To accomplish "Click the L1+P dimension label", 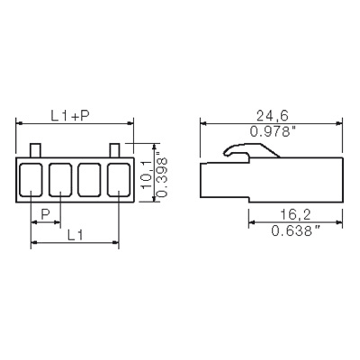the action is click(71, 116).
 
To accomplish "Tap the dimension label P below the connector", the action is click(45, 214).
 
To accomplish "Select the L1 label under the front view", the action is click(75, 235).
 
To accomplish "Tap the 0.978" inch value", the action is click(273, 131).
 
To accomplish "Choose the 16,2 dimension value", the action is click(295, 215).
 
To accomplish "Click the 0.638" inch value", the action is click(296, 230).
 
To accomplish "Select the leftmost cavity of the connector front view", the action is click(31, 180).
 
